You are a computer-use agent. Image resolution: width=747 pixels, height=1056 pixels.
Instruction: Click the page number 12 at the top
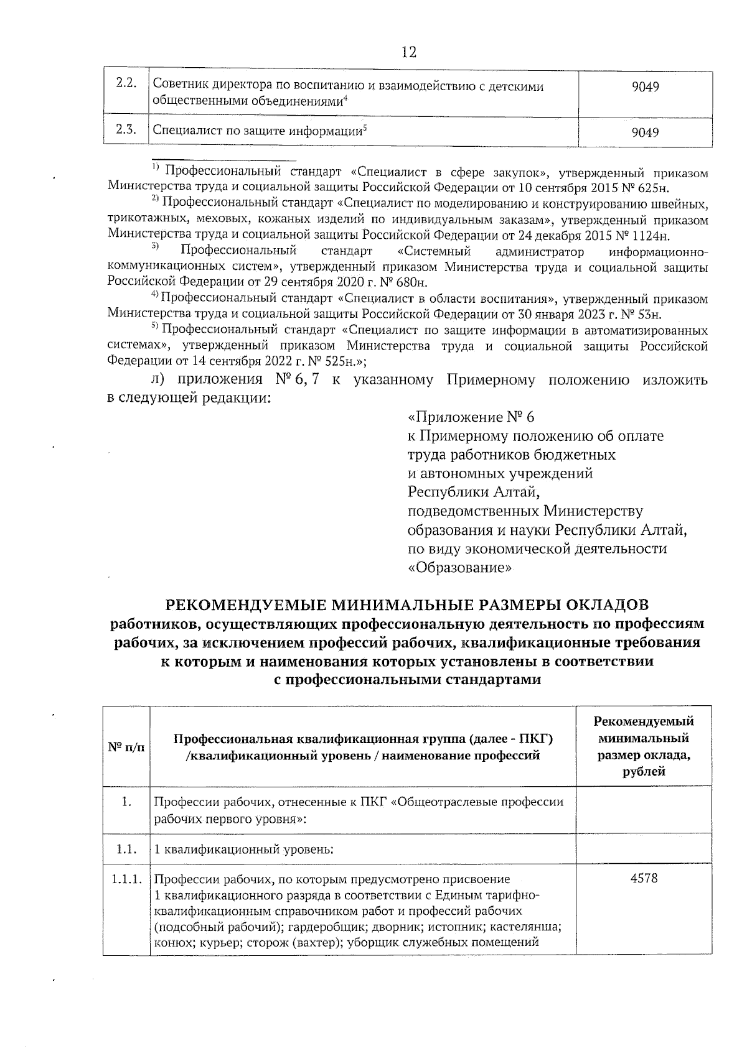coord(409,52)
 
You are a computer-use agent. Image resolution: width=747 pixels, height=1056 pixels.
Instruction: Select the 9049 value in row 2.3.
coord(645,132)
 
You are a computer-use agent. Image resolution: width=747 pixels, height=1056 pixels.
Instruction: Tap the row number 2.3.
coord(126,130)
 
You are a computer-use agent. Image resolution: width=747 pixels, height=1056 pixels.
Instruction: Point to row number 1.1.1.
coord(126,879)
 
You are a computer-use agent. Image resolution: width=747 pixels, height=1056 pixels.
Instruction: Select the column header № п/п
coord(126,747)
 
